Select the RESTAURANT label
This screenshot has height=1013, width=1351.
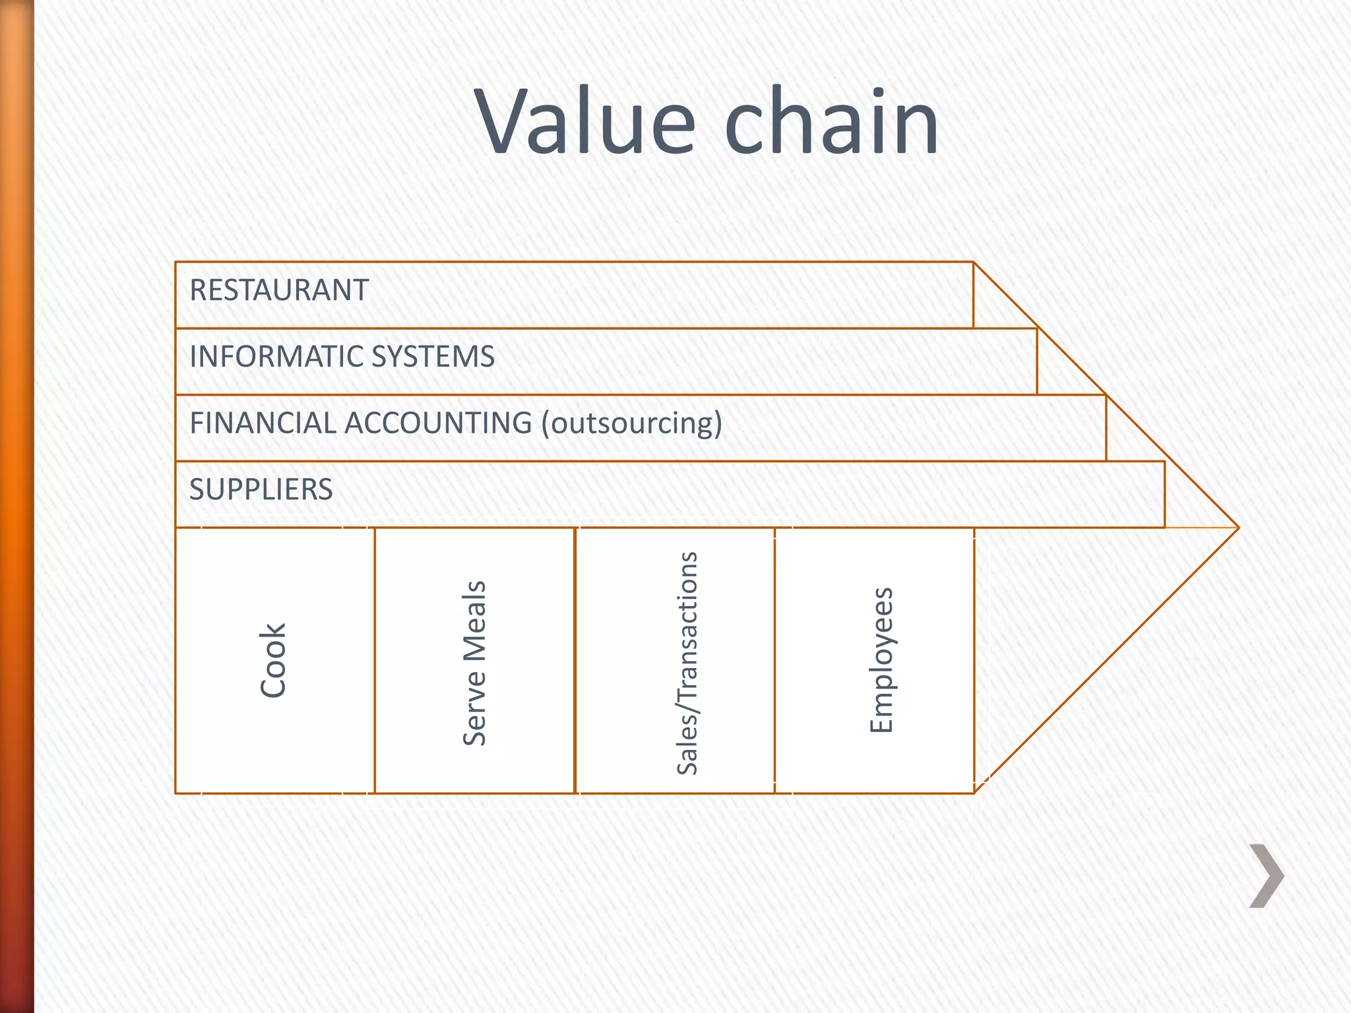coord(278,290)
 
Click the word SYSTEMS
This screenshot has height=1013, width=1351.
coord(433,357)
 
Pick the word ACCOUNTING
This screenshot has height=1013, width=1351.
coord(438,423)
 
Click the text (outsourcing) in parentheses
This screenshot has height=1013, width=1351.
coord(631,423)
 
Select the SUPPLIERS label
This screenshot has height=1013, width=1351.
coord(261,489)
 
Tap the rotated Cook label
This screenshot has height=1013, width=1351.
coord(272,660)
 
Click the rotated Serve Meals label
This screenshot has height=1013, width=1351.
coord(474,663)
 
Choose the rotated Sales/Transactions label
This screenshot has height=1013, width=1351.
coord(687,663)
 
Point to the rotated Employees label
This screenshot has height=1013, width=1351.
coord(881,660)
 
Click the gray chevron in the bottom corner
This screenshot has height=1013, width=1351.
coord(1267,875)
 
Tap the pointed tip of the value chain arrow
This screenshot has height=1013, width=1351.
coord(1238,528)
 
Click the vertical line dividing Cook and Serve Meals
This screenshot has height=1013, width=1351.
coord(375,660)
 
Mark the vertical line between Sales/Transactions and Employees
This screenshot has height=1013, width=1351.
coord(774,660)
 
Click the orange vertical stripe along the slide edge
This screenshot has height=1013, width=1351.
coord(16,506)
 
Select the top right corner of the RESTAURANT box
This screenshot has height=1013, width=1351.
coord(974,262)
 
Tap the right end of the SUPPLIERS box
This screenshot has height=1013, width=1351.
coord(1164,495)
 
